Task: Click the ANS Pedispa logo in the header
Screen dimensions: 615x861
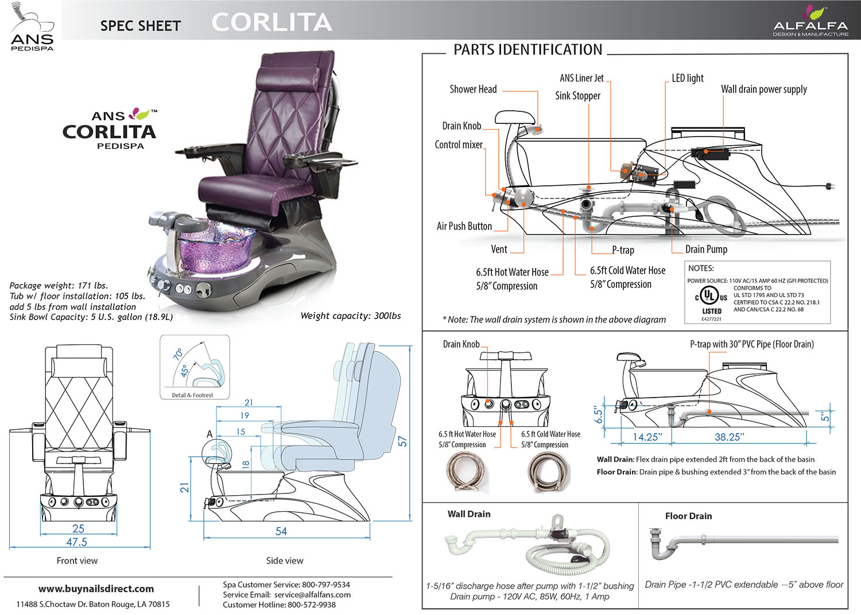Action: click(32, 28)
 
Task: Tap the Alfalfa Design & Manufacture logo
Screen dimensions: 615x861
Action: click(810, 22)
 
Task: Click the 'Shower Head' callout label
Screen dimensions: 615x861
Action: click(473, 89)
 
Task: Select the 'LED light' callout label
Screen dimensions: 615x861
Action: click(688, 79)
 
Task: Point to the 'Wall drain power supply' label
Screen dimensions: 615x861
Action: click(763, 89)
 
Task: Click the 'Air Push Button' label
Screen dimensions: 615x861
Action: click(464, 227)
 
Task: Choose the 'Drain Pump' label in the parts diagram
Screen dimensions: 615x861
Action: click(706, 250)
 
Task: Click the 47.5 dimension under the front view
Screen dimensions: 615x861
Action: click(76, 542)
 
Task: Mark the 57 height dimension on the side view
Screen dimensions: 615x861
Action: click(402, 441)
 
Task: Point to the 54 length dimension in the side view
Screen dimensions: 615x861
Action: click(281, 531)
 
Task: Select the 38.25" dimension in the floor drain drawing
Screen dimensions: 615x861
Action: click(729, 437)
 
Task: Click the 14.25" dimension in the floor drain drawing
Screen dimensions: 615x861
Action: click(647, 437)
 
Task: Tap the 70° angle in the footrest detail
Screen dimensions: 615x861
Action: click(178, 353)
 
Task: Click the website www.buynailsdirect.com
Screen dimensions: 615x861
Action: click(96, 589)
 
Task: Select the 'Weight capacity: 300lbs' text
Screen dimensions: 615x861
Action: click(350, 316)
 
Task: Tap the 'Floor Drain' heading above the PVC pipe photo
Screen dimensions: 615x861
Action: click(688, 516)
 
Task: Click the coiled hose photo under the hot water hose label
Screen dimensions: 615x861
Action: click(466, 472)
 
